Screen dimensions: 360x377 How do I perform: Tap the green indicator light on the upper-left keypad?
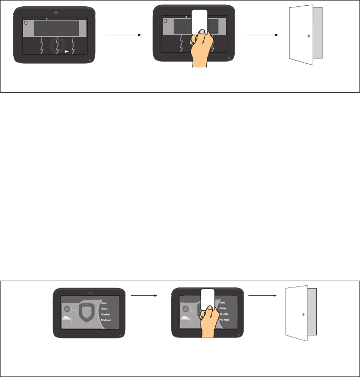(x=46, y=18)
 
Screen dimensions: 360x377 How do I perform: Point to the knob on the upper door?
(x=308, y=36)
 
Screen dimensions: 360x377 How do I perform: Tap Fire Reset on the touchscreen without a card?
(x=107, y=320)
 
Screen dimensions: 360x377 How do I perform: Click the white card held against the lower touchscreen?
(x=208, y=301)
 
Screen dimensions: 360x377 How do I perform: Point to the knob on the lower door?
(x=304, y=313)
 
